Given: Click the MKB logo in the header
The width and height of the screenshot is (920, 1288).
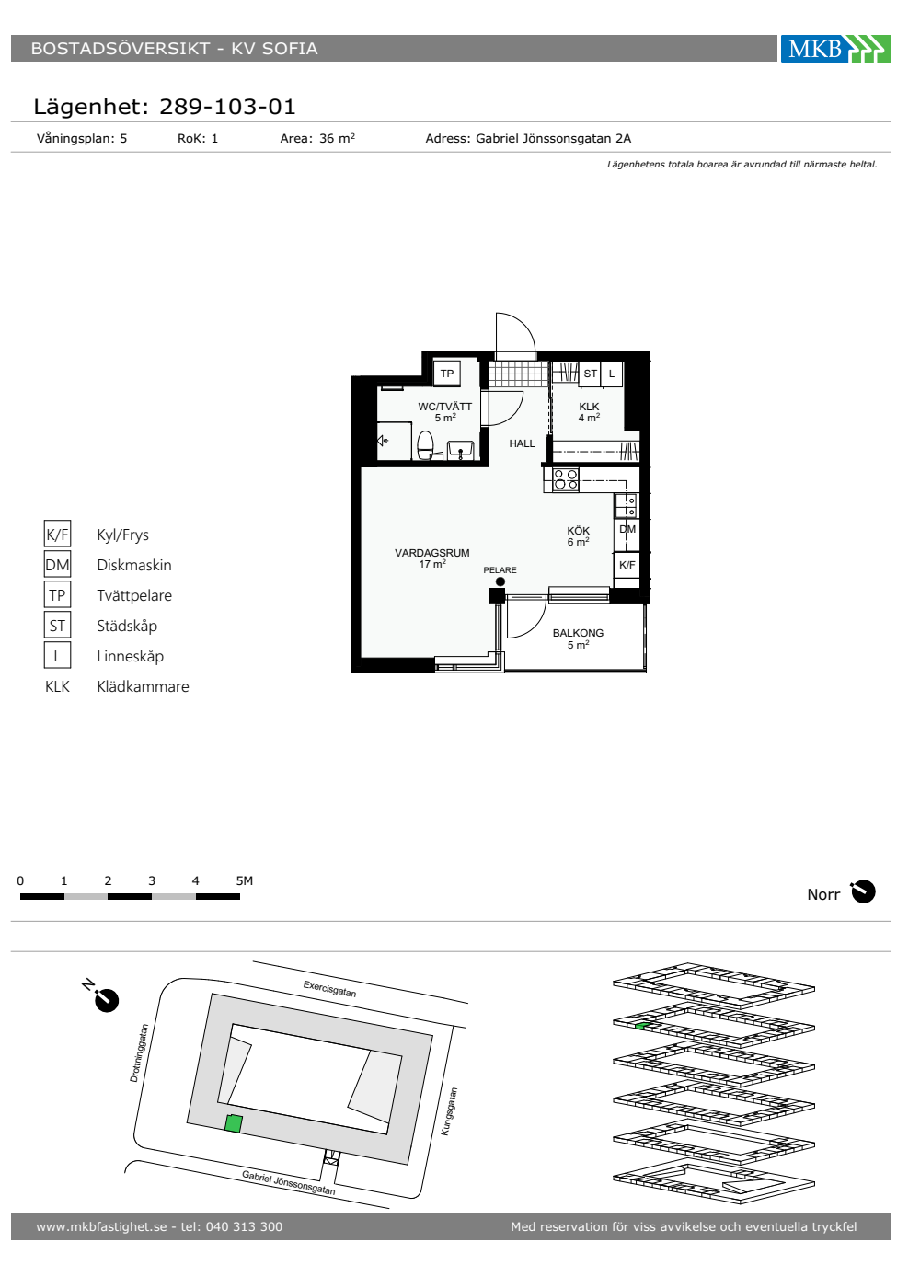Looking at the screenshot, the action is (835, 48).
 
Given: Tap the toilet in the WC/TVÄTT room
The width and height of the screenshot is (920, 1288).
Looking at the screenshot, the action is (425, 445).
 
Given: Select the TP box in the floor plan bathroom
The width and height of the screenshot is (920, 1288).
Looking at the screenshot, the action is (447, 374).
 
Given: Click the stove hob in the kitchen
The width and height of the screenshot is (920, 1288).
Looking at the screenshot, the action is (565, 479).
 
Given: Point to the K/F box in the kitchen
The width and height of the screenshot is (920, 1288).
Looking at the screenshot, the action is (627, 565).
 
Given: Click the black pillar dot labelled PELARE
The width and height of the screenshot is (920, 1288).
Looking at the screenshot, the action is (500, 581).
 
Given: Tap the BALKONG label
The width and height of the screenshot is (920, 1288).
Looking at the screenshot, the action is (578, 633).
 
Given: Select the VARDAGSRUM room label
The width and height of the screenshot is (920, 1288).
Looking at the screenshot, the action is (431, 553).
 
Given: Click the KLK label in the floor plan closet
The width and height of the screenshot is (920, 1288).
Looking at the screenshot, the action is (589, 407).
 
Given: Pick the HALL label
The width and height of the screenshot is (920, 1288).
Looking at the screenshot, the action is (522, 443).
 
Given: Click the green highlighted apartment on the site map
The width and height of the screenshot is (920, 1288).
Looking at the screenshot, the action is (233, 1123).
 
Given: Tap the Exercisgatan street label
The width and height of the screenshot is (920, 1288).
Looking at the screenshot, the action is (329, 988).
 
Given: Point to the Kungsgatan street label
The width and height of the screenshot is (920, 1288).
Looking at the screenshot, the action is (449, 1111).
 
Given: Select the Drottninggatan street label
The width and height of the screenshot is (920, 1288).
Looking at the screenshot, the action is (139, 1052).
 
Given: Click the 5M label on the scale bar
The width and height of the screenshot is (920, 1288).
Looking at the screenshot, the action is (245, 880).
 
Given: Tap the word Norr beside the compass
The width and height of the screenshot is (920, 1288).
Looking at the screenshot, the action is (823, 894).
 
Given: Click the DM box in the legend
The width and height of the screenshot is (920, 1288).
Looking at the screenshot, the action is (57, 564).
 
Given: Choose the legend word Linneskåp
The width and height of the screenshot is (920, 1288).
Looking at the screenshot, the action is (130, 656).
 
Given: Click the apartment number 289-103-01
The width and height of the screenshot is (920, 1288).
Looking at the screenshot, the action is (227, 107).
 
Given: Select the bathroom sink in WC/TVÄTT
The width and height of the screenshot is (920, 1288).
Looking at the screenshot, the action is (460, 450).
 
